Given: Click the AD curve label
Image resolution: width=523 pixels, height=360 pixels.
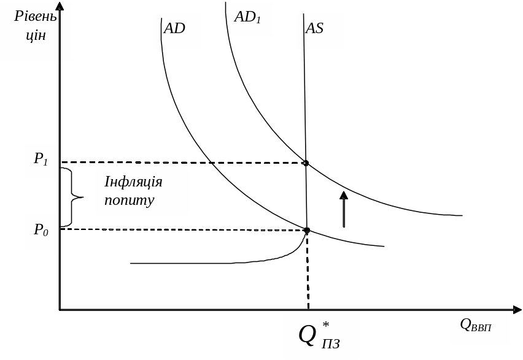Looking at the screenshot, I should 175,29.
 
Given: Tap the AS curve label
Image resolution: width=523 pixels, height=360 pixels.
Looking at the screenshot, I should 314,29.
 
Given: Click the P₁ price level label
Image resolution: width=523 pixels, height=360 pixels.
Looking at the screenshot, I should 41,160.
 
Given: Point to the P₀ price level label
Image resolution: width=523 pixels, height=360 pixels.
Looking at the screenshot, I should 41,231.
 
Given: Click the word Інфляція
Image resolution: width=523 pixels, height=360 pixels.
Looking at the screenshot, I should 133,183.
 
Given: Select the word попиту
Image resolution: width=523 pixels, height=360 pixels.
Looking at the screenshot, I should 129,200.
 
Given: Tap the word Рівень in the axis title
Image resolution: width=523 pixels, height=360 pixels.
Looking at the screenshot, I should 36,16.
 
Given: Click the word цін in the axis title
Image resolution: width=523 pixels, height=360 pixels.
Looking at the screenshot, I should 36,36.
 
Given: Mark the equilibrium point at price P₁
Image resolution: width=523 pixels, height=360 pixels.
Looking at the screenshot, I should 305,163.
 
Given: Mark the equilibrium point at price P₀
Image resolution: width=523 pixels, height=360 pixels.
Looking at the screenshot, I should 306,230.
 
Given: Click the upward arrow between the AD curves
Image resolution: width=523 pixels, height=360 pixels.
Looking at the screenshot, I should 344,209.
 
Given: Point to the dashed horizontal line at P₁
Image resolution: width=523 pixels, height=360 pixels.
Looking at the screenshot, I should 184,163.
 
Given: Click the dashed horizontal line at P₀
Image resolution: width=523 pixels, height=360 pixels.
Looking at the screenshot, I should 184,229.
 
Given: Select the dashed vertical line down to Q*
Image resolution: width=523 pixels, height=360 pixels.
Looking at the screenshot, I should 308,270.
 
